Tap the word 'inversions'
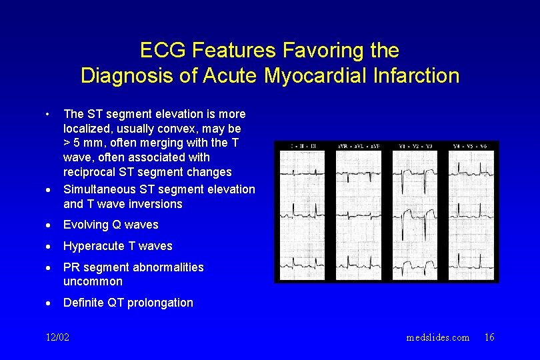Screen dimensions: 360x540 click(x=155, y=204)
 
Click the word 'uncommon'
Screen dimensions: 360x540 click(x=93, y=281)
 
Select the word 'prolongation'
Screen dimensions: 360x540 click(x=159, y=303)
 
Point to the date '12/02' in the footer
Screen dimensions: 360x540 click(x=56, y=337)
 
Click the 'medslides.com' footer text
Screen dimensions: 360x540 click(x=437, y=337)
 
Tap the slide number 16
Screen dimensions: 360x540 click(x=489, y=337)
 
